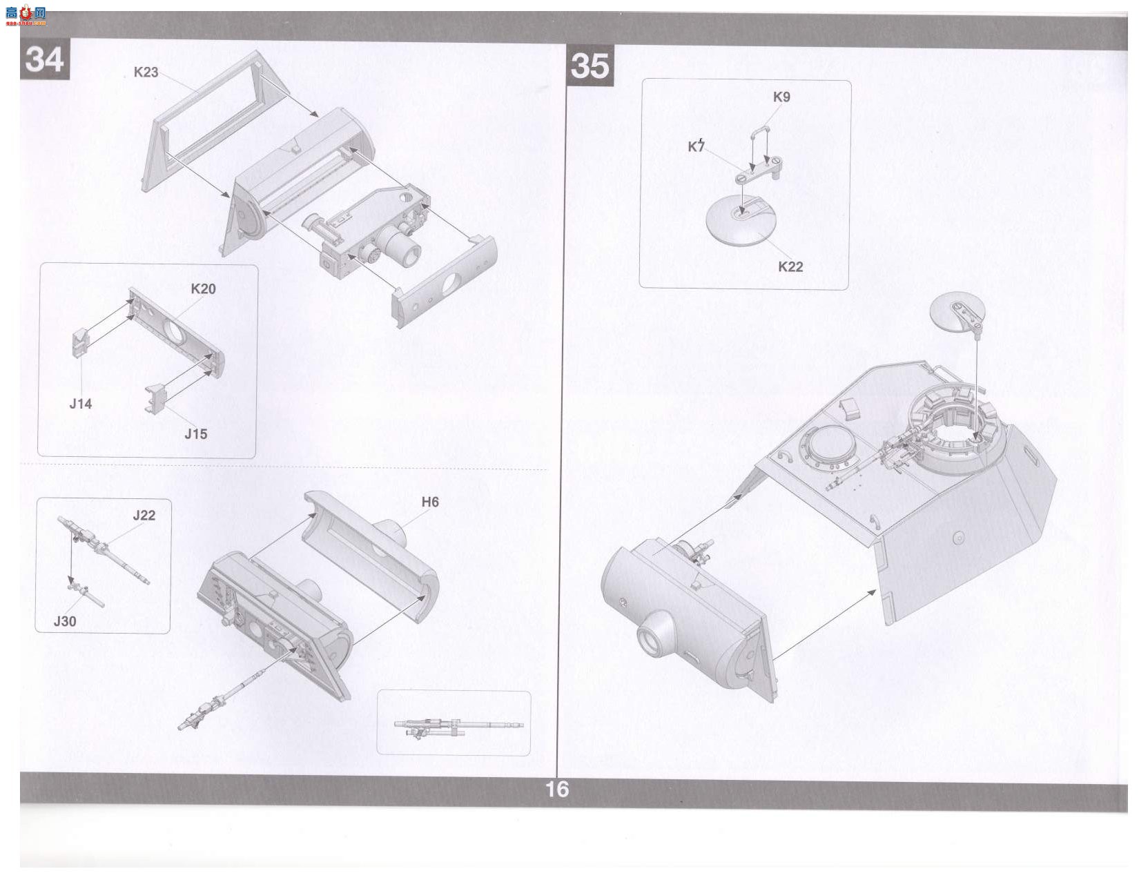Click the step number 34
pyautogui.click(x=45, y=59)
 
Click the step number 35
pyautogui.click(x=590, y=66)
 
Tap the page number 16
pyautogui.click(x=556, y=790)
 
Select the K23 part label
pyautogui.click(x=146, y=72)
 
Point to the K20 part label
pyautogui.click(x=203, y=289)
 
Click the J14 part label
pyautogui.click(x=80, y=404)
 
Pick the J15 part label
pyautogui.click(x=195, y=434)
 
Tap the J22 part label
pyautogui.click(x=144, y=515)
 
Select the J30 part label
pyautogui.click(x=64, y=622)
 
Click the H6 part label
pyautogui.click(x=430, y=502)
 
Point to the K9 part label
pyautogui.click(x=781, y=97)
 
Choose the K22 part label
pyautogui.click(x=790, y=267)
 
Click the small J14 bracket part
pyautogui.click(x=80, y=342)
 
